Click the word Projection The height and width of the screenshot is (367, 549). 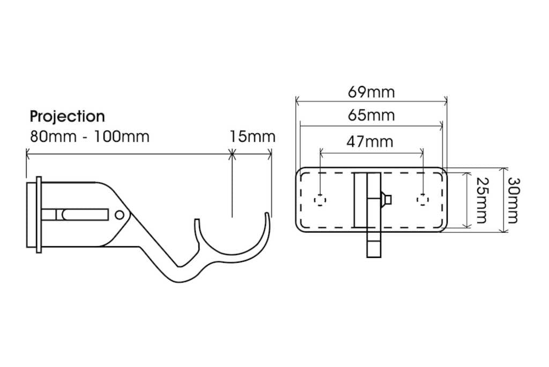[x=67, y=116]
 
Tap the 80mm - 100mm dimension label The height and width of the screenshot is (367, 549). [x=89, y=136]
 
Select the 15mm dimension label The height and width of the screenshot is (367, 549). [x=252, y=136]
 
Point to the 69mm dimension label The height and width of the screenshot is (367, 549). [x=371, y=92]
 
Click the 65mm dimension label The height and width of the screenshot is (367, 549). [x=371, y=115]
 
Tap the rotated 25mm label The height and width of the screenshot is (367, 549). [x=480, y=199]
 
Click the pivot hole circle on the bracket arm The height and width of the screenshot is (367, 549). [x=120, y=215]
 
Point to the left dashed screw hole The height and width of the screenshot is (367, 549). [x=320, y=200]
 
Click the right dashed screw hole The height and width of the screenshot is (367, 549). [x=423, y=200]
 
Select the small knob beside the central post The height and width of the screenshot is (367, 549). [x=386, y=200]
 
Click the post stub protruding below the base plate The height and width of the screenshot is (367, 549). [x=374, y=245]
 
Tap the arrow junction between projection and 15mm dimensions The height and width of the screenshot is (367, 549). [x=232, y=155]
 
